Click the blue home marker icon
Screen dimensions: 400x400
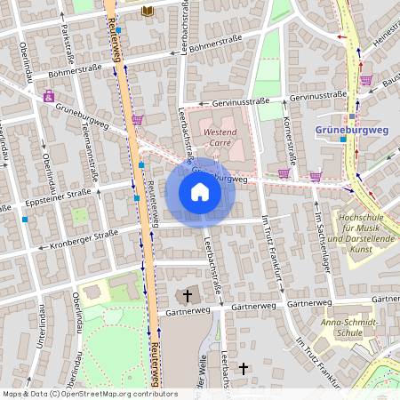[x=200, y=192]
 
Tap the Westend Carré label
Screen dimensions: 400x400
[x=220, y=137]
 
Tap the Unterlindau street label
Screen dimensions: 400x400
[x=41, y=341]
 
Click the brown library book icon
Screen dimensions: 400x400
[x=148, y=10]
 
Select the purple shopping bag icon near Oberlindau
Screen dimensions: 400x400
[x=48, y=97]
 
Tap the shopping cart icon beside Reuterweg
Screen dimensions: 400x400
[x=137, y=119]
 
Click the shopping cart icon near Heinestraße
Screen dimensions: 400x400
[x=366, y=80]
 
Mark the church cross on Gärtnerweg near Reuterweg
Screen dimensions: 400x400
[x=187, y=294]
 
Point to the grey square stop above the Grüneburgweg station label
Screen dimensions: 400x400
[x=352, y=116]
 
